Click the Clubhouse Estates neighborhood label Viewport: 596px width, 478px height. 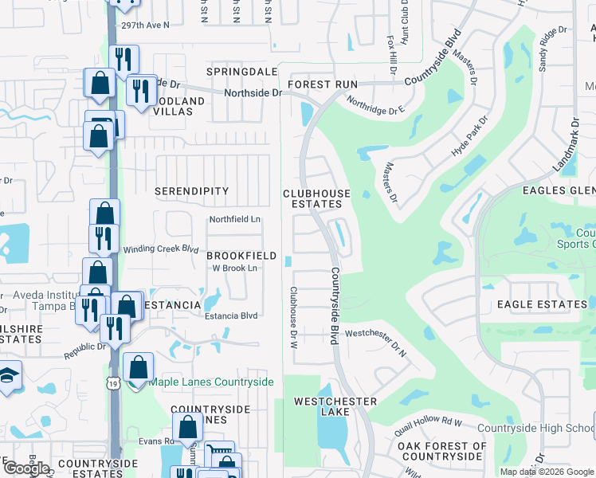[316, 198]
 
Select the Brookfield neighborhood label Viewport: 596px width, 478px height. [241, 256]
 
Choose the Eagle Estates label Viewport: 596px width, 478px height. [542, 304]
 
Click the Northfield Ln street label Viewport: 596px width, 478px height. [234, 219]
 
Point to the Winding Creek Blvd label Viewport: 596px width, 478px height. [160, 249]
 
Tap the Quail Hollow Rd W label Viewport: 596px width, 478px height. [429, 425]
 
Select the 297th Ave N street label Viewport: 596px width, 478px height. [146, 25]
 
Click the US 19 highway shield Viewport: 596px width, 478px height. [112, 382]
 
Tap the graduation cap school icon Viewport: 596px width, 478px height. [8, 376]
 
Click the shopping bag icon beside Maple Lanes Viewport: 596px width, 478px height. [138, 368]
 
